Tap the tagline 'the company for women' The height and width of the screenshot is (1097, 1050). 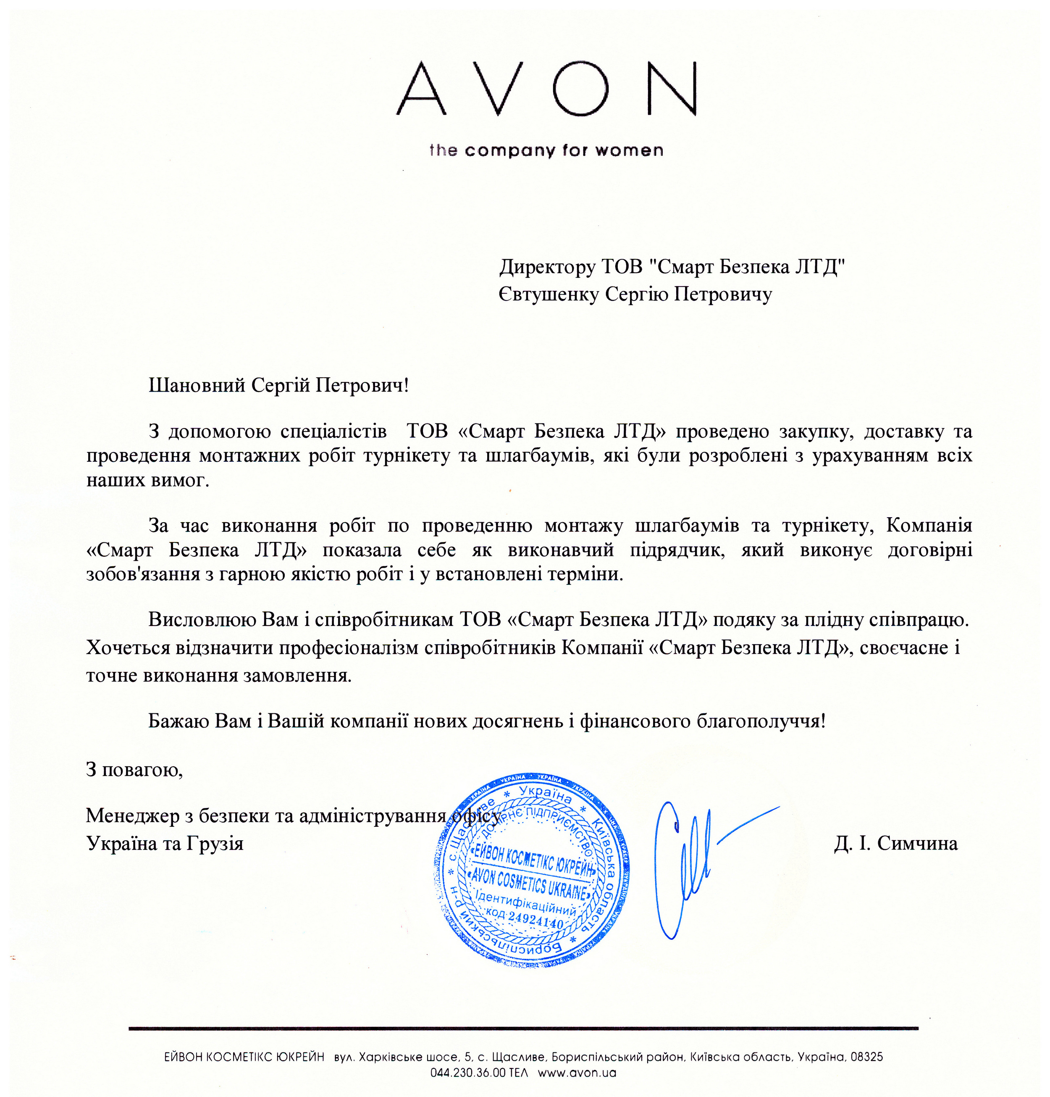546,150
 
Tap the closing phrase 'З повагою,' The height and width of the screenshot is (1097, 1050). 134,770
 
